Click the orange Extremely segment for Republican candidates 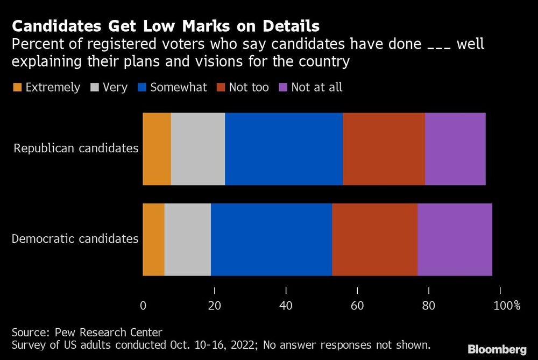pyautogui.click(x=157, y=149)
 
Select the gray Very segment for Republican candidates pyautogui.click(x=197, y=149)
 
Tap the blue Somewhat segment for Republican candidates pyautogui.click(x=284, y=149)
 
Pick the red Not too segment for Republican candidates pyautogui.click(x=384, y=149)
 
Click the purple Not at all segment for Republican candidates pyautogui.click(x=455, y=149)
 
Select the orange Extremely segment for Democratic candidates pyautogui.click(x=153, y=239)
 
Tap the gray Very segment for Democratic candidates pyautogui.click(x=187, y=239)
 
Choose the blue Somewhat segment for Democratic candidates pyautogui.click(x=271, y=239)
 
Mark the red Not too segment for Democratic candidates pyautogui.click(x=374, y=239)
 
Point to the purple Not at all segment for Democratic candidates pyautogui.click(x=455, y=239)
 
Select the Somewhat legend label pyautogui.click(x=178, y=88)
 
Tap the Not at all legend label pyautogui.click(x=316, y=88)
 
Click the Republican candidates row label pyautogui.click(x=76, y=149)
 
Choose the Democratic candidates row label pyautogui.click(x=75, y=239)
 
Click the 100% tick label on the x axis pyautogui.click(x=507, y=306)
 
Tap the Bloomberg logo pyautogui.click(x=498, y=349)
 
